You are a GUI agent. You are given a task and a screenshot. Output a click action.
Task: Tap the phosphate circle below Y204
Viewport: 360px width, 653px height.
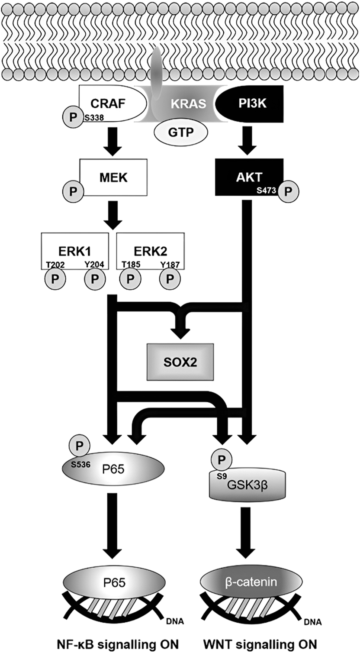[x=95, y=277]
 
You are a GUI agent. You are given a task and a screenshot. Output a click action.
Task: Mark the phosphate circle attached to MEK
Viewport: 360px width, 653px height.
[x=70, y=191]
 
